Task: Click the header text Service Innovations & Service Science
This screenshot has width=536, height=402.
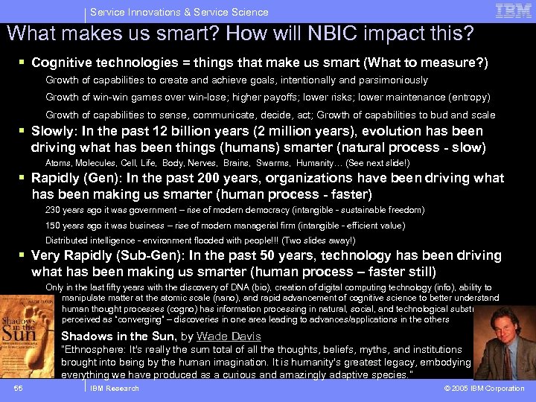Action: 179,12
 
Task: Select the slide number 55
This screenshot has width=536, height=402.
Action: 19,388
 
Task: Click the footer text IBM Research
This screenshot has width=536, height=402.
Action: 115,389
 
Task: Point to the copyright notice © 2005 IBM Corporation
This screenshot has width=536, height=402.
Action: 484,389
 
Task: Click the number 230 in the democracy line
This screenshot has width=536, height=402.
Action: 54,211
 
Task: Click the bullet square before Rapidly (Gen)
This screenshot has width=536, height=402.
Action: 22,179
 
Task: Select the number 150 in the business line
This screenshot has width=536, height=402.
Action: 54,226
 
